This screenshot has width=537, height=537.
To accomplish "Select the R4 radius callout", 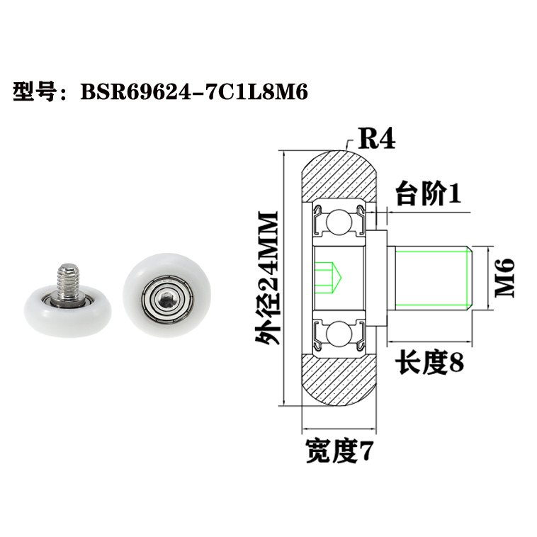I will [375, 136].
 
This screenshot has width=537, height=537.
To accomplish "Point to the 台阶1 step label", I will [427, 193].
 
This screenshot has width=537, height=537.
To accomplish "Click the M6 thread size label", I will [504, 277].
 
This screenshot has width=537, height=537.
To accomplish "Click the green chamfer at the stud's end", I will [468, 278].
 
